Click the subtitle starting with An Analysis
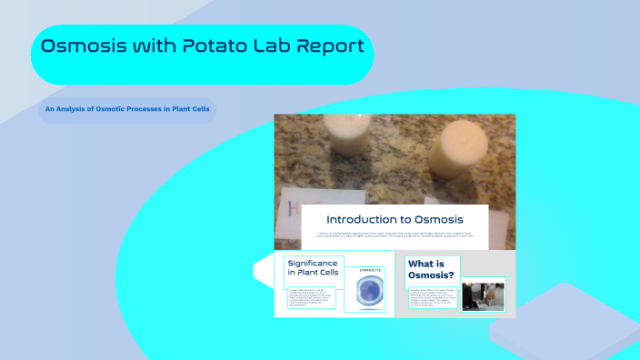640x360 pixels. (126, 111)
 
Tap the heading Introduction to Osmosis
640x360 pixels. (395, 219)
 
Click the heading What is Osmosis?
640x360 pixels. (432, 269)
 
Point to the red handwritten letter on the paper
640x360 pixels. (285, 207)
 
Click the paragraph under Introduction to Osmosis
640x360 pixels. (395, 235)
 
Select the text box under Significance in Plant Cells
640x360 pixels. (312, 296)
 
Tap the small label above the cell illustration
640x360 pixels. (371, 271)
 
